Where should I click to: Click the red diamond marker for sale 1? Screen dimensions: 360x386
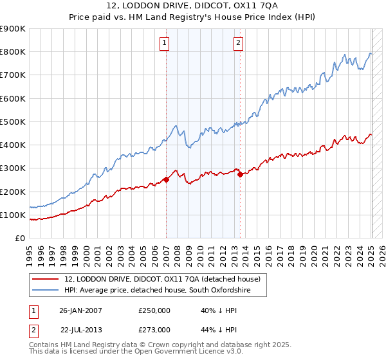point(166,180)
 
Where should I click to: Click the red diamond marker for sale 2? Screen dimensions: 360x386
point(240,174)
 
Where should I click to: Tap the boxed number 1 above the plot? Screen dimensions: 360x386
point(165,43)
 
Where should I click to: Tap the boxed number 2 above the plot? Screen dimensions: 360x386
point(238,43)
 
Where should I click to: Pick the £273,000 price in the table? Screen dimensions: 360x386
point(154,329)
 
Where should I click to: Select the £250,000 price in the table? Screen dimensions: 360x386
point(154,310)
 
